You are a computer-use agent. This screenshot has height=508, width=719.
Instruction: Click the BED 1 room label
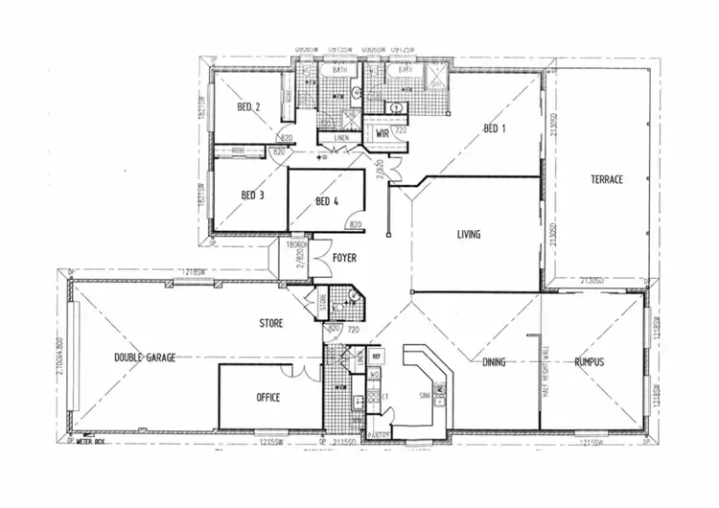coord(495,128)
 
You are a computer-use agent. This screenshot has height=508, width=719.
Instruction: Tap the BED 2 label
coord(249,107)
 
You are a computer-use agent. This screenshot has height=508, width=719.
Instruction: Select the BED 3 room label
coord(252,196)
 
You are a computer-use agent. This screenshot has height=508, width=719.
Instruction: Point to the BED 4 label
coord(327,201)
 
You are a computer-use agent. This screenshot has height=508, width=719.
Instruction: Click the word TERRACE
coord(607,179)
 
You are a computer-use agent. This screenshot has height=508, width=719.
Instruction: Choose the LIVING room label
coord(468,234)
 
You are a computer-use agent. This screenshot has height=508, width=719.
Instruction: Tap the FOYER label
coord(345,258)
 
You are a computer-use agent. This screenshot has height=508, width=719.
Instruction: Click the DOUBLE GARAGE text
coord(145,358)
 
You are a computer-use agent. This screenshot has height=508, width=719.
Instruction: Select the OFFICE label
coord(268,397)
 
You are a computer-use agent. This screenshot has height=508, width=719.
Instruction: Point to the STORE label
coord(271,324)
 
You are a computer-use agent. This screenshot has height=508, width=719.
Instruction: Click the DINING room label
coord(495,362)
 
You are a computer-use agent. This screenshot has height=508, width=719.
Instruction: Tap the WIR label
coord(382,133)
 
